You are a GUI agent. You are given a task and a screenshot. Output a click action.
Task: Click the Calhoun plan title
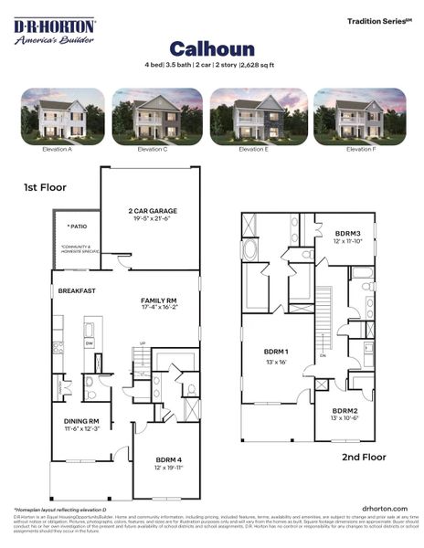[211, 47]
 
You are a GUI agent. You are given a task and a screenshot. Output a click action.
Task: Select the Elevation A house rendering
[62, 116]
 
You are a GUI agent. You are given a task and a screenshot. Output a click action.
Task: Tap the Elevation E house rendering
[253, 116]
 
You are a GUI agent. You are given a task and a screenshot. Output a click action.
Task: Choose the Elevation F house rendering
[359, 116]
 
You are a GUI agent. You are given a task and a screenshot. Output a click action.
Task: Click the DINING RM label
[81, 421]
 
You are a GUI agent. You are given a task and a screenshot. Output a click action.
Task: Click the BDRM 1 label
[275, 352]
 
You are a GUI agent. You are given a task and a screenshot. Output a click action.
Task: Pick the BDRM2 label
[344, 411]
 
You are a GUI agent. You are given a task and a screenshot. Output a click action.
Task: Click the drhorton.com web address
[384, 508]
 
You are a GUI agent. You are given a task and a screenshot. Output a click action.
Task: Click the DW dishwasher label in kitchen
[89, 344]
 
